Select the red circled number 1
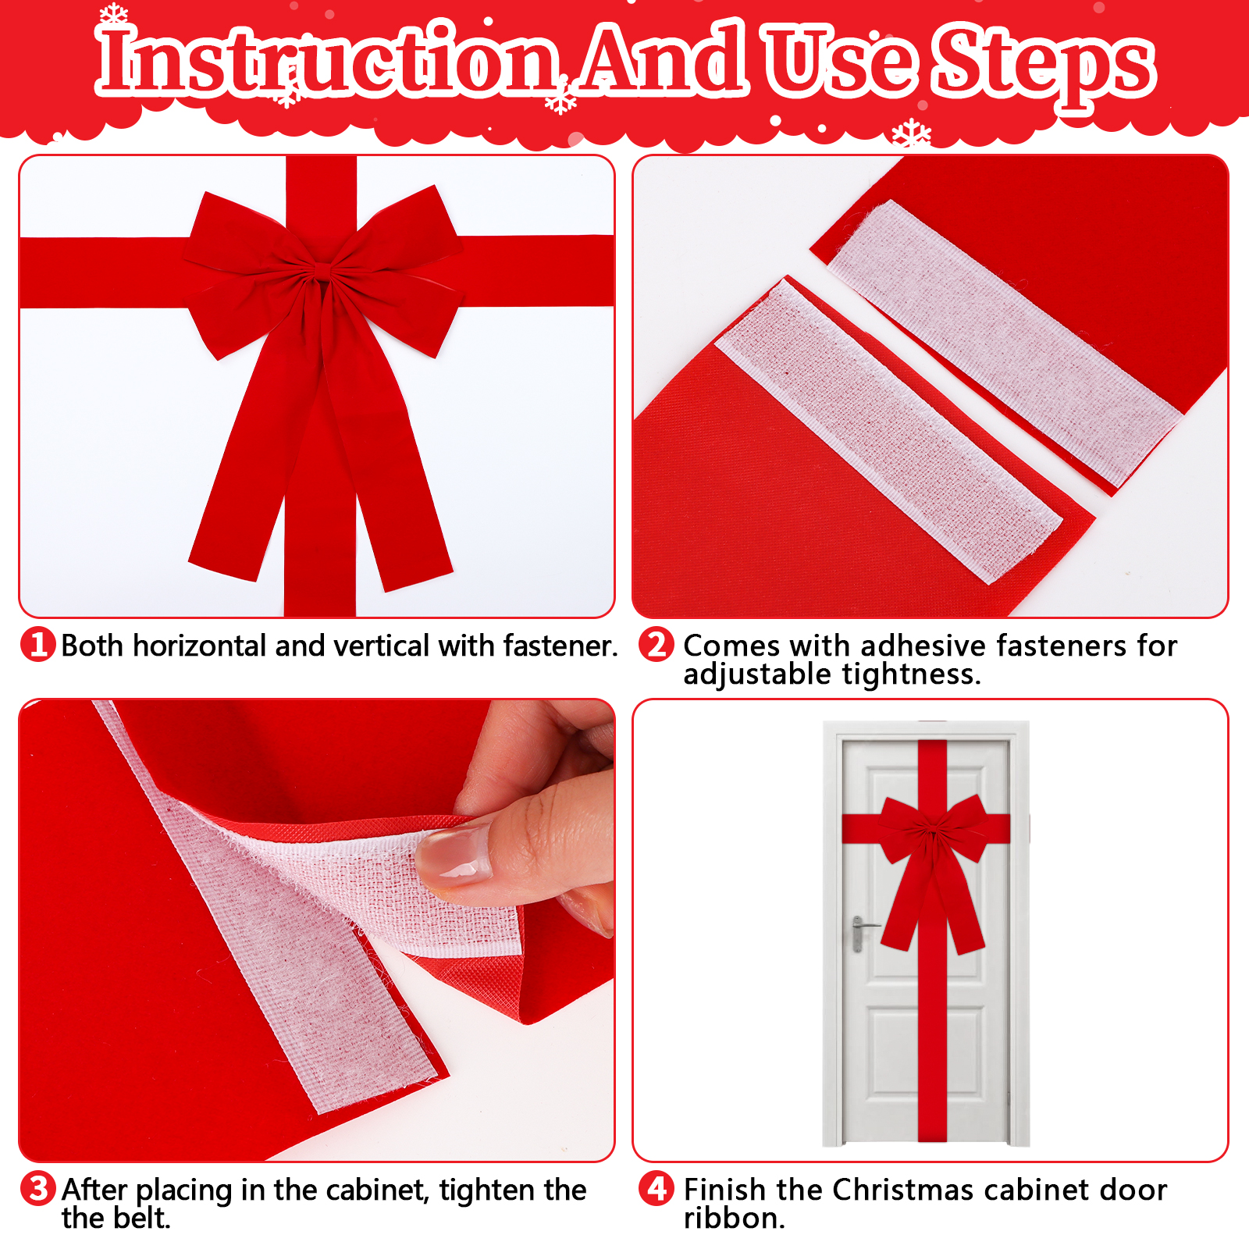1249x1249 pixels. (37, 645)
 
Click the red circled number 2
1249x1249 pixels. (656, 645)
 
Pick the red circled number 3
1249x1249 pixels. (37, 1189)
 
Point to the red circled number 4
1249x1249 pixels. (656, 1189)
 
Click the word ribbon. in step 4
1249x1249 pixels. (734, 1218)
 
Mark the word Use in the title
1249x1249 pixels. (840, 59)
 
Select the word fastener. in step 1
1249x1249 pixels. (560, 646)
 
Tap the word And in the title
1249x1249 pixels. (664, 58)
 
